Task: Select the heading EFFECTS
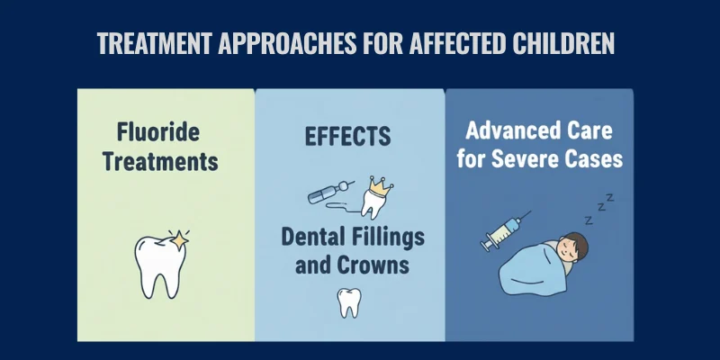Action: coord(347,136)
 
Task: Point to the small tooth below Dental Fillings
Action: coord(348,301)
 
